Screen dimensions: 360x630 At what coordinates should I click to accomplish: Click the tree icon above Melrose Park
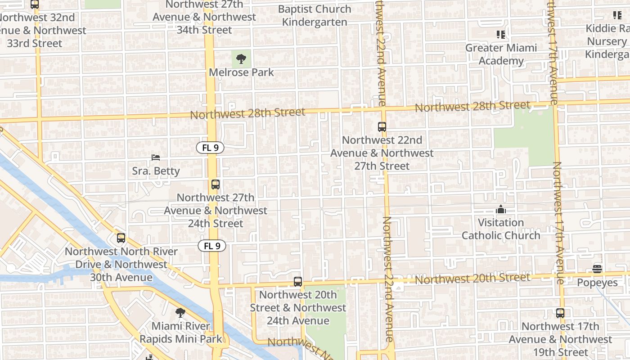(241, 58)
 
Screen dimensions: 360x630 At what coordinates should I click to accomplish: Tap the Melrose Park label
(241, 72)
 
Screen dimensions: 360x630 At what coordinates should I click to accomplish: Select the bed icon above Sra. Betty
(156, 157)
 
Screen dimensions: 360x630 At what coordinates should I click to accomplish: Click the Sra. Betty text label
(156, 171)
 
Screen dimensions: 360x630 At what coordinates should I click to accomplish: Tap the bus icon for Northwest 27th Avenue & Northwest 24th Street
(216, 184)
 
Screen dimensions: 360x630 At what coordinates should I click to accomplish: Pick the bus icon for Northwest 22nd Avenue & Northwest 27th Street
(382, 127)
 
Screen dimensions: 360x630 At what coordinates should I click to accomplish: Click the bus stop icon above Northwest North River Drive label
(121, 238)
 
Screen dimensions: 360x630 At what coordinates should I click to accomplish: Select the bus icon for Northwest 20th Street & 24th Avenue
(298, 282)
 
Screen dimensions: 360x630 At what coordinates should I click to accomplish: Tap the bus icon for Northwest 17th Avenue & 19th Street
(560, 313)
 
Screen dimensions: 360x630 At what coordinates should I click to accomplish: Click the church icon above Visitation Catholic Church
(500, 209)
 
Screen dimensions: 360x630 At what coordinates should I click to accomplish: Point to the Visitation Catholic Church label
(501, 229)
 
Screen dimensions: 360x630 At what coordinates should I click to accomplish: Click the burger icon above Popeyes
(597, 269)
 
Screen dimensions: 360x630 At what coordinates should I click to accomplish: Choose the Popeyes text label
(597, 283)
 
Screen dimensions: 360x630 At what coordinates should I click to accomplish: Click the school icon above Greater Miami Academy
(500, 34)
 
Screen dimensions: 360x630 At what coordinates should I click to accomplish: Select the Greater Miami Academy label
(501, 54)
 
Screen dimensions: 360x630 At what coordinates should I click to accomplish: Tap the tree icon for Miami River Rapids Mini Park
(180, 313)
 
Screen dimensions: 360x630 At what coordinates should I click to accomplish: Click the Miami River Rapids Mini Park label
(181, 333)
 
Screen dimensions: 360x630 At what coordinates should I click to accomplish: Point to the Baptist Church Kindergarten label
(315, 15)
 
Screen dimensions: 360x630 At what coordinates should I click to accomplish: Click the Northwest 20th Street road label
(472, 279)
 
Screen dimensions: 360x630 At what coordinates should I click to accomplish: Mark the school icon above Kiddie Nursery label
(617, 15)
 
